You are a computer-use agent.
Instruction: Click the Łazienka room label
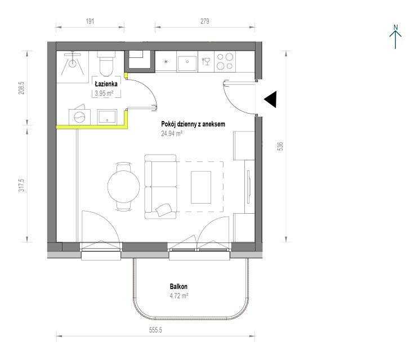click(106, 84)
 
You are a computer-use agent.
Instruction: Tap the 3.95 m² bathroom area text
click(104, 93)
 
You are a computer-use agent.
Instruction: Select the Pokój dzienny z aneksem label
click(193, 124)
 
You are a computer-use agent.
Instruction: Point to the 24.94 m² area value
click(172, 133)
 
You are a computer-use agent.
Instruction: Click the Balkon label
click(178, 286)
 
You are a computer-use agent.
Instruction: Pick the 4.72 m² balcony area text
click(178, 296)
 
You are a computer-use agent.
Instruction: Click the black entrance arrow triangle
click(270, 100)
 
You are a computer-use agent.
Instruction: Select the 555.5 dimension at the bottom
click(155, 330)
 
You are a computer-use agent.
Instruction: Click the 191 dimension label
click(90, 21)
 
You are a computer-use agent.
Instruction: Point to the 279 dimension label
click(204, 21)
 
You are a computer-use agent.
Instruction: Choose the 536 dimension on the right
click(280, 146)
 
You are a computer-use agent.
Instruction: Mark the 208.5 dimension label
click(22, 88)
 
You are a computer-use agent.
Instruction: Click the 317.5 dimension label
click(21, 185)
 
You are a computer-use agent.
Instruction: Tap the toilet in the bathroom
click(106, 64)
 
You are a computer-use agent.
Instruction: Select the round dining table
click(124, 186)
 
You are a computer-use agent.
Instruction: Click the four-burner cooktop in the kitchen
click(225, 61)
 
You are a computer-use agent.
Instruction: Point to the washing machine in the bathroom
click(79, 116)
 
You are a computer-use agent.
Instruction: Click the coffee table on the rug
click(201, 187)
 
